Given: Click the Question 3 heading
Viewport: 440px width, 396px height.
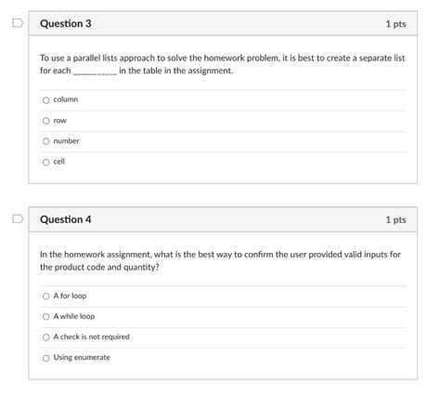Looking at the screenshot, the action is coord(65,23).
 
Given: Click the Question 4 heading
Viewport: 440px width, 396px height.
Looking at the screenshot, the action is coord(65,220).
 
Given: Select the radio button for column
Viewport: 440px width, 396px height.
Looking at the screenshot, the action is coord(45,99).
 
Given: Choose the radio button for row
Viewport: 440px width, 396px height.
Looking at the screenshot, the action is coord(45,121).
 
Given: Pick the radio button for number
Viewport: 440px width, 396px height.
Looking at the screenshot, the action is coord(45,141).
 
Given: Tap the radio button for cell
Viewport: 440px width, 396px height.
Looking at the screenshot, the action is coord(45,162).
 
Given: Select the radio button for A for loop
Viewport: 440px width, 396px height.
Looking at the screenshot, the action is coord(45,296).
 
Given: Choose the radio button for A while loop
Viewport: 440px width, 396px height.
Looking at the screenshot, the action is coord(45,316).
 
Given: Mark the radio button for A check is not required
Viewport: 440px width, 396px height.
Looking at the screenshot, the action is coord(45,337).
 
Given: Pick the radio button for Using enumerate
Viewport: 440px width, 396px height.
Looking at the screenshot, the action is coord(45,357).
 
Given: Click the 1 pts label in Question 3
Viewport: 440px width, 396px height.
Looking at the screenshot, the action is coord(395,23).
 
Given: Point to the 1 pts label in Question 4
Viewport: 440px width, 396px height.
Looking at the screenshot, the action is coord(395,220).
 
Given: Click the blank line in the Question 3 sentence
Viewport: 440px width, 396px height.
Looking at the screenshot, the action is coord(95,72).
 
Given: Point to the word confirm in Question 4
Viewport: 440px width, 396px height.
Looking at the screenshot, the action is coord(242,254).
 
